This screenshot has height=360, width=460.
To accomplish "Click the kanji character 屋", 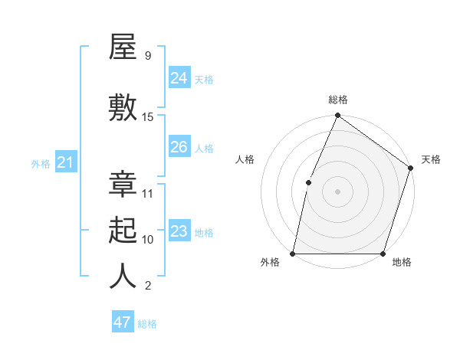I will (123, 47).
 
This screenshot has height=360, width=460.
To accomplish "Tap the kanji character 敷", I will (123, 108).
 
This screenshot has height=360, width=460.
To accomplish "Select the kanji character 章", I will (123, 185).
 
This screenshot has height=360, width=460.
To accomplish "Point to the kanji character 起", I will (123, 231).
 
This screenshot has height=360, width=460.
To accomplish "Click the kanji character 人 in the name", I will (123, 277).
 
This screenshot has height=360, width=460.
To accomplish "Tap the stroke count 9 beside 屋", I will (147, 56).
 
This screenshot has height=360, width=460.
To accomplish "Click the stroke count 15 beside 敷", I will (148, 117).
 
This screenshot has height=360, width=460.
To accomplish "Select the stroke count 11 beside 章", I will (148, 194).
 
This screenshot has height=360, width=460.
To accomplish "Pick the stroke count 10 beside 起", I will (148, 240).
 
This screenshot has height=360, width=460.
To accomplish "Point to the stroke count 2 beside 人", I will (147, 286).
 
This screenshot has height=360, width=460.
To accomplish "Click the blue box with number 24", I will (179, 77).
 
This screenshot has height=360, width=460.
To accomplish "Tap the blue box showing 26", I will (179, 146).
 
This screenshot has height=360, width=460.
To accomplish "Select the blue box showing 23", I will (179, 231).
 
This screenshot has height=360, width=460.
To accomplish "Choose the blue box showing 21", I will (66, 162).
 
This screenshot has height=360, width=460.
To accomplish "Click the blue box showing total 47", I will (123, 322).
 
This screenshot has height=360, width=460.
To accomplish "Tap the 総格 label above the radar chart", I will (338, 100).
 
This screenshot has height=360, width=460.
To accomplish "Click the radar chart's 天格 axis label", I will (431, 159).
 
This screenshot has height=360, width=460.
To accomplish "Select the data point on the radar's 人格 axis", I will (308, 182).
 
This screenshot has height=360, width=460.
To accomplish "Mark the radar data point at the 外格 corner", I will (293, 254).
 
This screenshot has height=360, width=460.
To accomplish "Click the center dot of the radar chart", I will (338, 191).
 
